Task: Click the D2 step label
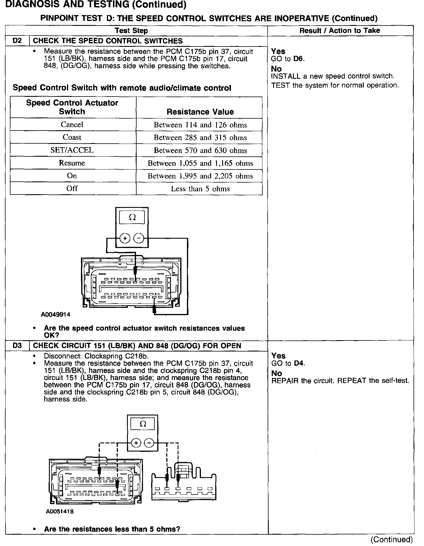pyautogui.click(x=17, y=41)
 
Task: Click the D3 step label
pyautogui.click(x=17, y=346)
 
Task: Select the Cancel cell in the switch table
pyautogui.click(x=72, y=124)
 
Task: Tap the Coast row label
pyautogui.click(x=72, y=137)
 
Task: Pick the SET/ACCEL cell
pyautogui.click(x=72, y=150)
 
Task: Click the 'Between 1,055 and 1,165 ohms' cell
pyautogui.click(x=200, y=163)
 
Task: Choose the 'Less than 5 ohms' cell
pyautogui.click(x=200, y=189)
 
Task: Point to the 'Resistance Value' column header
pyautogui.click(x=200, y=112)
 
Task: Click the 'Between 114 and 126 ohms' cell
pyautogui.click(x=200, y=125)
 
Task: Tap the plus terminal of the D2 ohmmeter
pyautogui.click(x=125, y=238)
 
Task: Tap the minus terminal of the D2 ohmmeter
pyautogui.click(x=138, y=238)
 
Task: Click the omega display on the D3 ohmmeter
pyautogui.click(x=143, y=424)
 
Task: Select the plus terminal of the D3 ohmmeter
pyautogui.click(x=136, y=443)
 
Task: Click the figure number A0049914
pyautogui.click(x=56, y=315)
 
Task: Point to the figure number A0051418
pyautogui.click(x=60, y=511)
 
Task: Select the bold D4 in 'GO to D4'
pyautogui.click(x=299, y=363)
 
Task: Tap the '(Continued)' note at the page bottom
pyautogui.click(x=391, y=540)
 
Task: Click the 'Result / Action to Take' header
pyautogui.click(x=340, y=31)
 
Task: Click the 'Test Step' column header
pyautogui.click(x=131, y=31)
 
